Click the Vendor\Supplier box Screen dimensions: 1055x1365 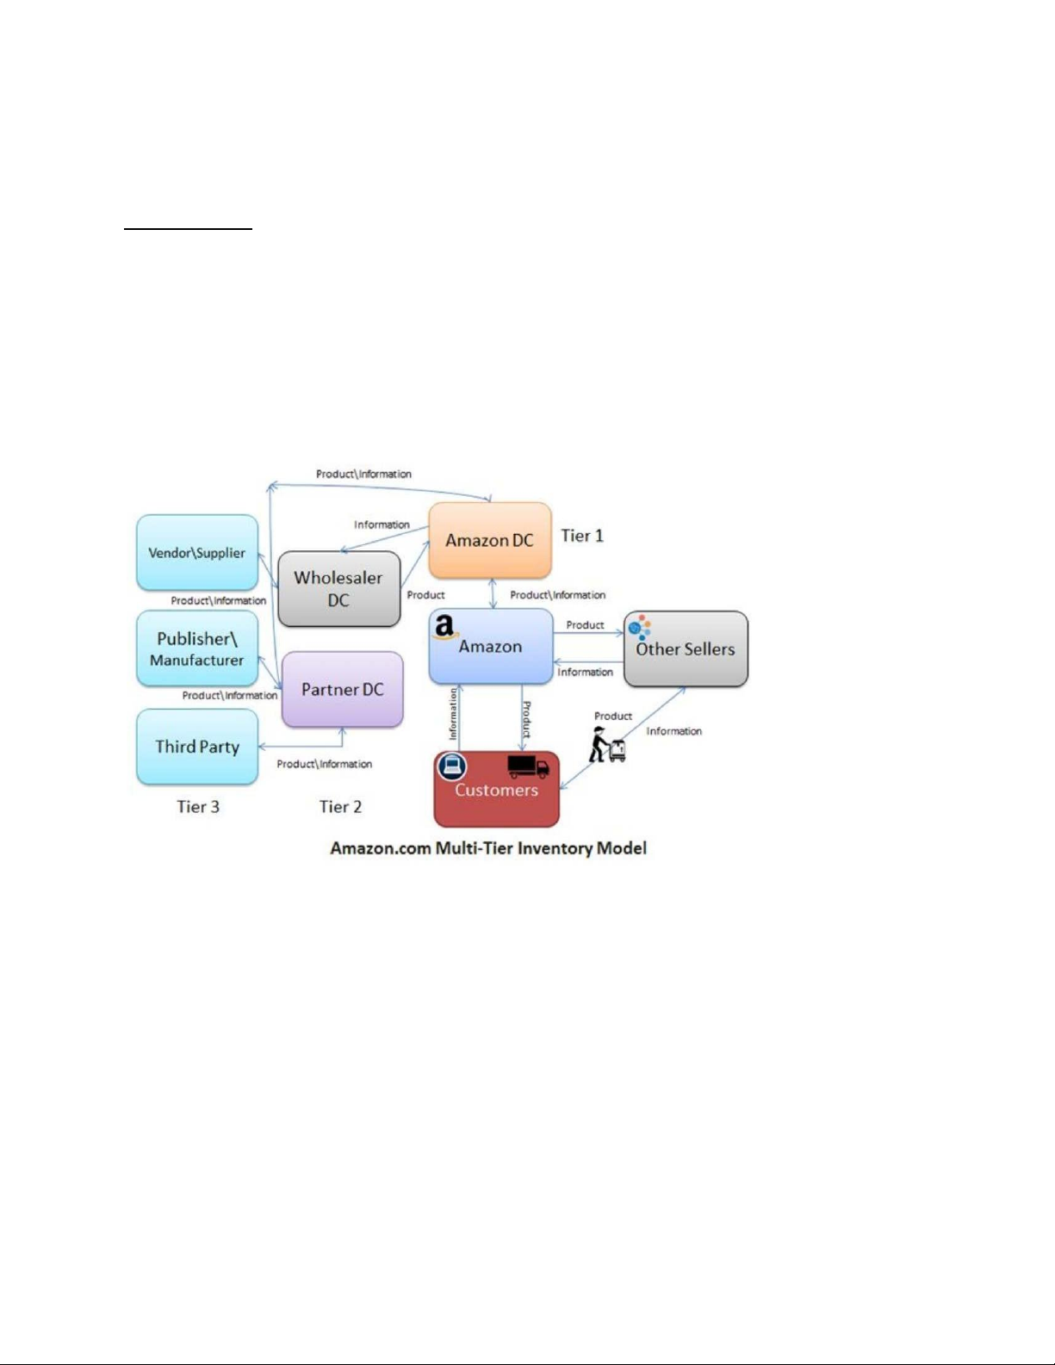point(197,552)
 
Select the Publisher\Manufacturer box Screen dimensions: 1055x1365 point(197,648)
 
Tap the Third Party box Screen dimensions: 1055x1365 point(197,747)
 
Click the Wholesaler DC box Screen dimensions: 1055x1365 point(339,588)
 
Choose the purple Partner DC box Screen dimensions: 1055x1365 point(342,689)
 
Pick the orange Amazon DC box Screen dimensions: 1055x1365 point(490,540)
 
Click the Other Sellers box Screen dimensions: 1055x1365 point(686,648)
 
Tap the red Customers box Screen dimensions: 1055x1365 point(496,789)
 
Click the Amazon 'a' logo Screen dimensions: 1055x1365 point(444,627)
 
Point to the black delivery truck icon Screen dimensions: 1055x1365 point(528,766)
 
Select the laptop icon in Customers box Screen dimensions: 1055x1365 point(452,766)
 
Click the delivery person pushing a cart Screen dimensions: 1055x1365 point(606,744)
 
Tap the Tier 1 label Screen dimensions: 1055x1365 point(582,536)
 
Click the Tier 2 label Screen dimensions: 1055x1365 point(340,807)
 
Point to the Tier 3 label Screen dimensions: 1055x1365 point(198,807)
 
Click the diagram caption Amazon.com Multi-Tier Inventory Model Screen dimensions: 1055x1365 point(488,848)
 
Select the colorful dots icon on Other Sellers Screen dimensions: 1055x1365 point(639,627)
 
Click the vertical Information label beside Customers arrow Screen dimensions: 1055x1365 point(453,714)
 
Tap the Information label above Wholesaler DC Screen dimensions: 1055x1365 point(382,524)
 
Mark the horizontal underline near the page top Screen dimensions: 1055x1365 point(188,229)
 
